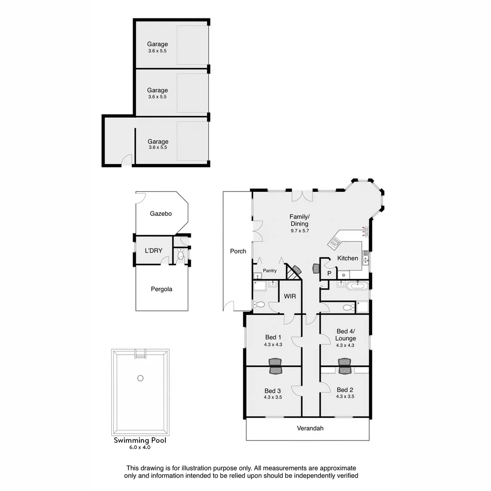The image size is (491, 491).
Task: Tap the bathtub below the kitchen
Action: point(357,286)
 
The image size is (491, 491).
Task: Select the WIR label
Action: point(290,296)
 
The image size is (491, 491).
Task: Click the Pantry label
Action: point(269,271)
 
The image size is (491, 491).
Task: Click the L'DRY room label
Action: point(153,251)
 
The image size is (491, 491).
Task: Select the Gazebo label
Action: point(161,213)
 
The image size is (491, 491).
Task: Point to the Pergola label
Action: point(161,289)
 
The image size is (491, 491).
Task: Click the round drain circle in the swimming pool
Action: point(140,378)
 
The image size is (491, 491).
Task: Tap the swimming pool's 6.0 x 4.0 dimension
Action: point(140,447)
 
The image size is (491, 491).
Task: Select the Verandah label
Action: point(310,428)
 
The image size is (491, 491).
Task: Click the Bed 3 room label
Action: point(273,391)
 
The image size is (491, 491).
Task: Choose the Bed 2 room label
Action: point(345,390)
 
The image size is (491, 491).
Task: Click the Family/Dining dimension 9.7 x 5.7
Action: point(300,231)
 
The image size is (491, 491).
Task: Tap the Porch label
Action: point(238,251)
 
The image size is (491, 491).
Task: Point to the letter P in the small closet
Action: point(329,274)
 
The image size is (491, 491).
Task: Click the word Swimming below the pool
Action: point(131,441)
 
